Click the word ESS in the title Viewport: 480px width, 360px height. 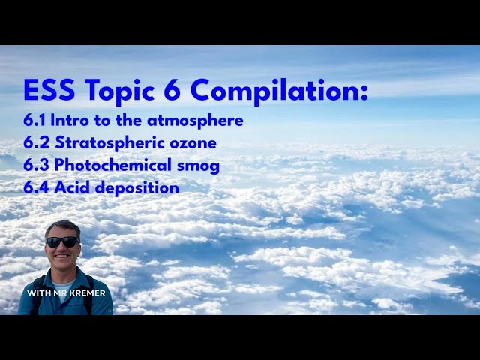click(49, 91)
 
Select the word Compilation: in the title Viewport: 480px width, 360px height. click(279, 91)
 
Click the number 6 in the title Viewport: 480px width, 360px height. click(172, 91)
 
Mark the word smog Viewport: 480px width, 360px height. click(199, 166)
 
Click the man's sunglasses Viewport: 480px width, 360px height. click(61, 241)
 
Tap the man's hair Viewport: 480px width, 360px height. click(61, 226)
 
